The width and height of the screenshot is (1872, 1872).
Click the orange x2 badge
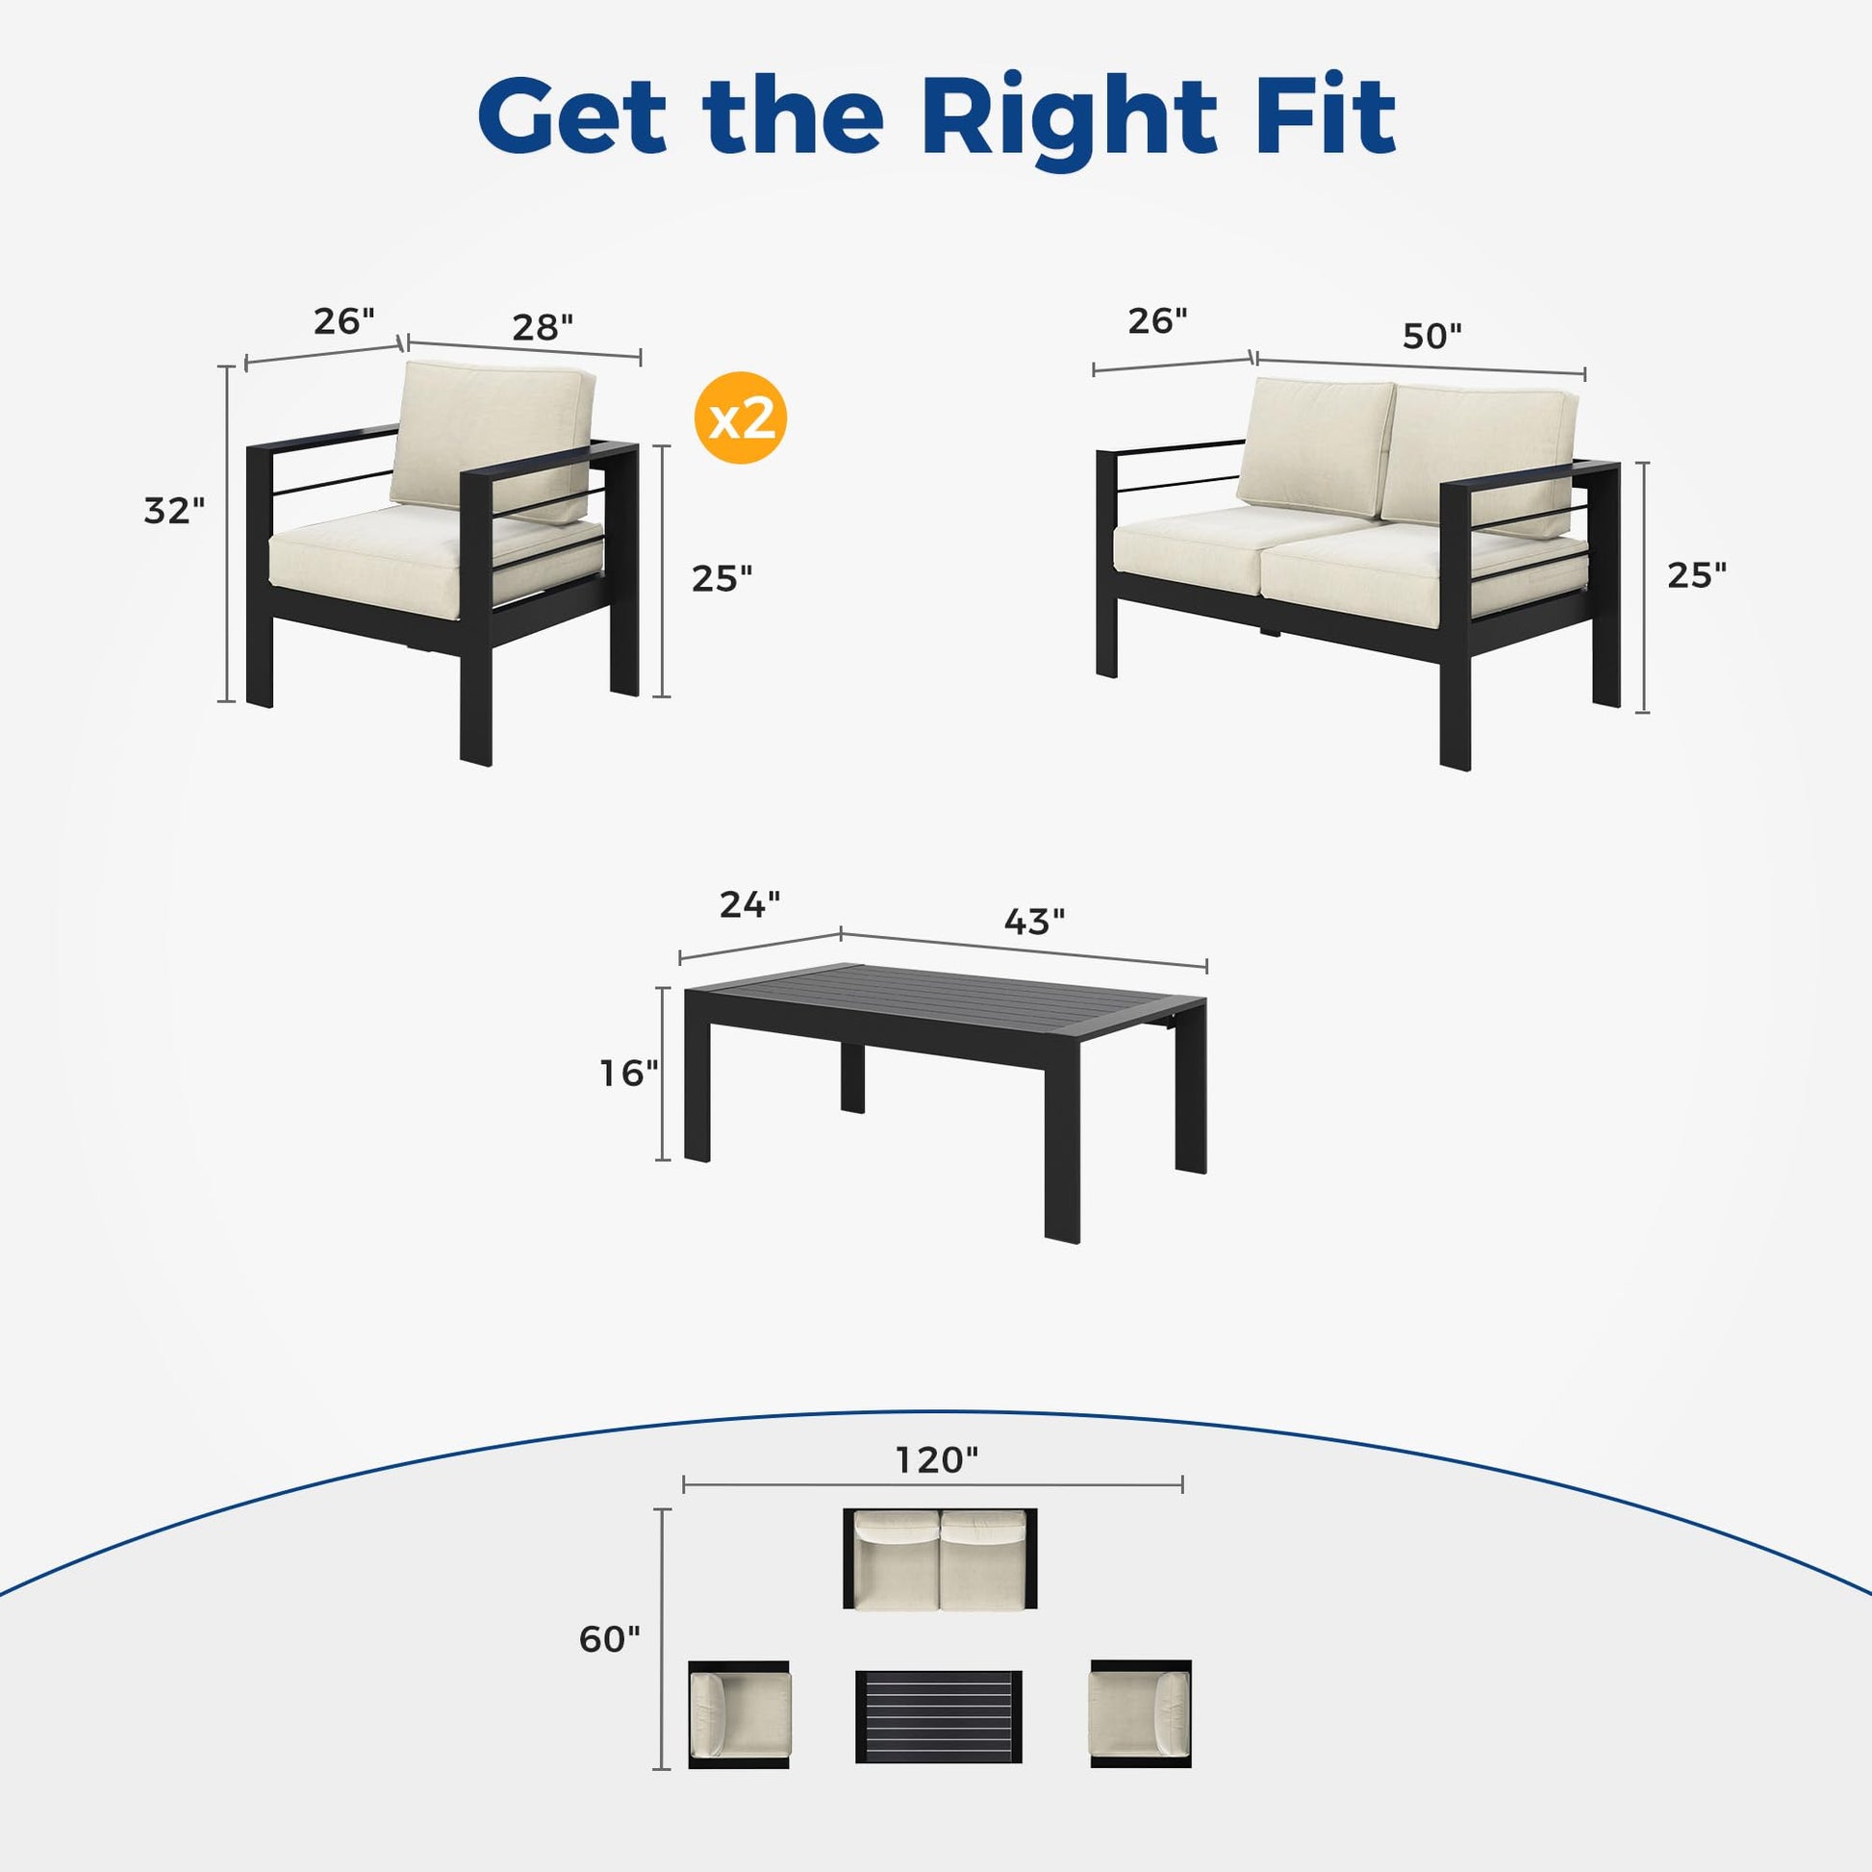[741, 417]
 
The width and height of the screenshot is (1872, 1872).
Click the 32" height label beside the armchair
[174, 510]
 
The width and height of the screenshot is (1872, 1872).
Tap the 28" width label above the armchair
[543, 327]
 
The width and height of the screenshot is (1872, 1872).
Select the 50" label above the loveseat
[1432, 336]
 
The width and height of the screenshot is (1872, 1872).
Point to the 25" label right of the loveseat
[1697, 574]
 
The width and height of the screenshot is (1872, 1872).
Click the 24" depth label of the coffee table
[749, 904]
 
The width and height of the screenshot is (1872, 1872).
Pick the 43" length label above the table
[1034, 922]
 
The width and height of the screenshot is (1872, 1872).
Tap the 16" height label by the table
[629, 1073]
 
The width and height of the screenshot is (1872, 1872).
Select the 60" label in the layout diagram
[610, 1638]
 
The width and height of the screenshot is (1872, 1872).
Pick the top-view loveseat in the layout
[939, 1559]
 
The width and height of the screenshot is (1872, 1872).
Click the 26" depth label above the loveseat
[1158, 319]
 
